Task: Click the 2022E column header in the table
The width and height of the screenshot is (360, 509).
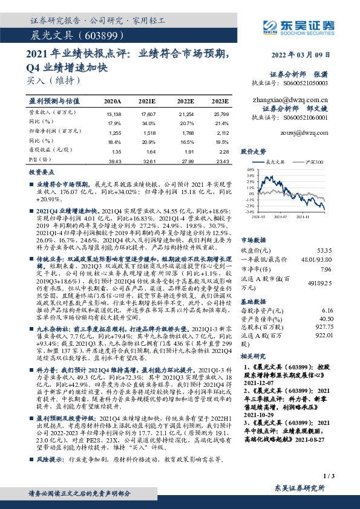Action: coord(185,101)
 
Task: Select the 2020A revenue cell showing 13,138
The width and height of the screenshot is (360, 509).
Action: coord(113,113)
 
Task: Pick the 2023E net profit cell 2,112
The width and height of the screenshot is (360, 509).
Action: coord(222,132)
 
